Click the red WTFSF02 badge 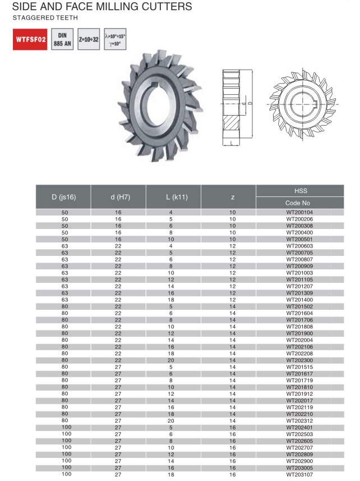pyautogui.click(x=30, y=39)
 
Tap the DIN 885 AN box pyautogui.click(x=62, y=39)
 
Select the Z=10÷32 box pyautogui.click(x=89, y=39)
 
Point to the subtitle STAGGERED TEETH pyautogui.click(x=45, y=18)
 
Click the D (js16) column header pyautogui.click(x=63, y=197)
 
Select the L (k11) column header pyautogui.click(x=173, y=197)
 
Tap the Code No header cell pyautogui.click(x=300, y=203)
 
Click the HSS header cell pyautogui.click(x=300, y=191)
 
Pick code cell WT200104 pyautogui.click(x=299, y=212)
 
